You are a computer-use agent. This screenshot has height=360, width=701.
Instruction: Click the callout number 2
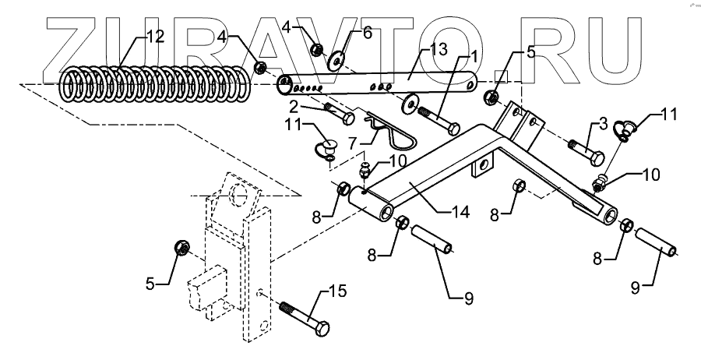[x=294, y=104]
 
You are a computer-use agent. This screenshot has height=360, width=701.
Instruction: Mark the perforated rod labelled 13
[x=382, y=83]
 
